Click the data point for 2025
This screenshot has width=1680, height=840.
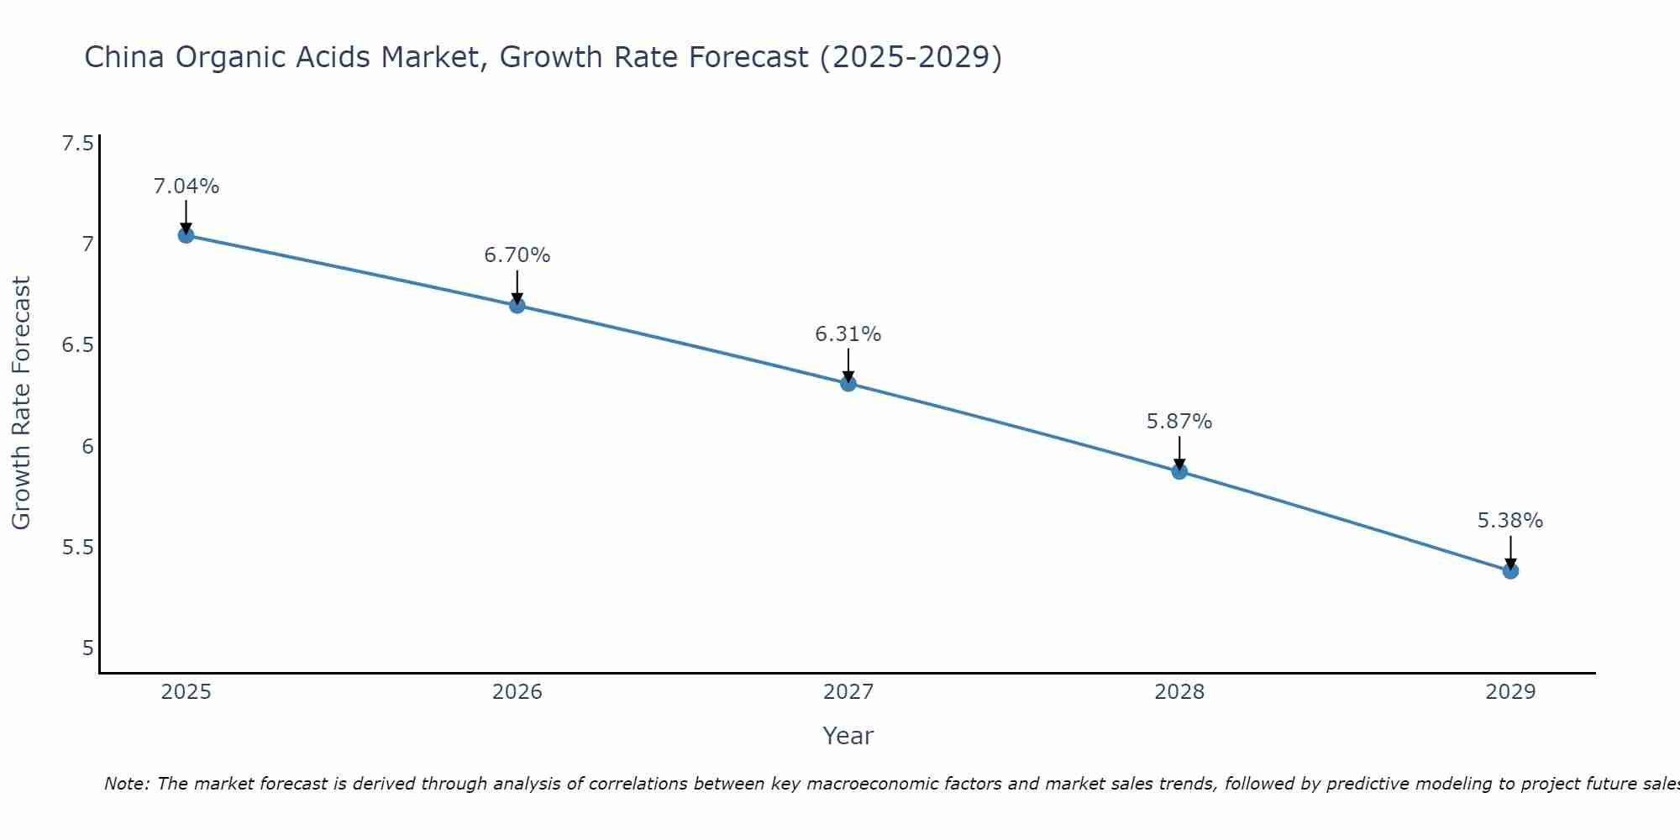[x=186, y=235]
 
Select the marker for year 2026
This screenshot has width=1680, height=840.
[x=517, y=305]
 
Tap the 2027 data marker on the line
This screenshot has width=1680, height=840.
[x=848, y=384]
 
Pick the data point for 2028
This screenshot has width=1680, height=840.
[x=1179, y=471]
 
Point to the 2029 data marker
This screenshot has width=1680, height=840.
[x=1510, y=571]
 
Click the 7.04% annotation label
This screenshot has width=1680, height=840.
[x=186, y=186]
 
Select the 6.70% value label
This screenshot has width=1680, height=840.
[x=517, y=255]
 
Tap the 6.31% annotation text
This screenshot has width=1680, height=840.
[x=848, y=334]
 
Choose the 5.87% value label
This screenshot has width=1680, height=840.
[x=1179, y=422]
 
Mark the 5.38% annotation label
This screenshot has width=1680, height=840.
[x=1510, y=521]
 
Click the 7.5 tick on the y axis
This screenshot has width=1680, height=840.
[x=77, y=144]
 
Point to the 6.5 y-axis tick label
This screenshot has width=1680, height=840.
[x=77, y=345]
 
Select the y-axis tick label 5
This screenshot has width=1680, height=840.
[x=87, y=648]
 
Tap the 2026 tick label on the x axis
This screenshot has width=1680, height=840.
[x=517, y=692]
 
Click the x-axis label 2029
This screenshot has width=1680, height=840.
[x=1510, y=692]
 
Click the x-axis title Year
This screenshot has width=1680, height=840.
[x=848, y=736]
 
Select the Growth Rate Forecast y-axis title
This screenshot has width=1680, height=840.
[x=21, y=403]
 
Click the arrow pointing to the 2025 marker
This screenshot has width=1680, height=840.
[x=186, y=215]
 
